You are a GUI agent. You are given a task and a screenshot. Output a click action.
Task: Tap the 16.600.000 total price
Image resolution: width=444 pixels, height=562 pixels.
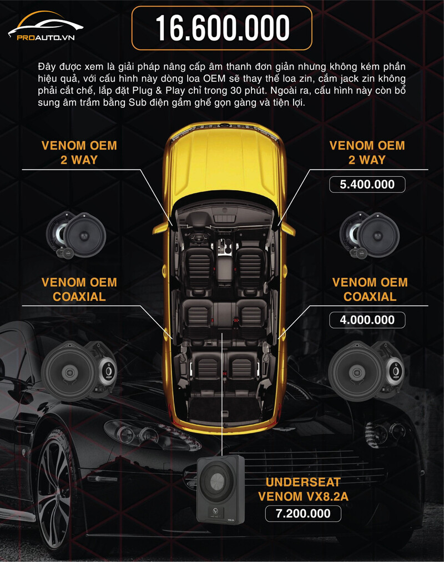tap(222, 28)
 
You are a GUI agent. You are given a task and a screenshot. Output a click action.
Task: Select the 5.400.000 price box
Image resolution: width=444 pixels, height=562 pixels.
tap(367, 184)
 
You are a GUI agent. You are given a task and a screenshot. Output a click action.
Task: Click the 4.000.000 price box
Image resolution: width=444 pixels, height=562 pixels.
tap(367, 320)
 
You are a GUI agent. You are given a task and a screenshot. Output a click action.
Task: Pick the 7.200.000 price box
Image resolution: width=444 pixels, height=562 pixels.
tap(303, 513)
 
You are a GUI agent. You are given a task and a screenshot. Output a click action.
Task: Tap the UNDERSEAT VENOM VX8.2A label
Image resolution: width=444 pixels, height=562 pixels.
tap(303, 489)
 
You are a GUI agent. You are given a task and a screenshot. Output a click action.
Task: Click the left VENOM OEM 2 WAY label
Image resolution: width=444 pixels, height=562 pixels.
tap(79, 152)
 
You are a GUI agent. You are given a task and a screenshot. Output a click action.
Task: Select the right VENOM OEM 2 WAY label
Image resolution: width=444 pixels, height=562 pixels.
tap(367, 152)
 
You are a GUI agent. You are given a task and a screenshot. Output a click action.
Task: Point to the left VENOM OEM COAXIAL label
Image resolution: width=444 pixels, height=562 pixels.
tap(79, 289)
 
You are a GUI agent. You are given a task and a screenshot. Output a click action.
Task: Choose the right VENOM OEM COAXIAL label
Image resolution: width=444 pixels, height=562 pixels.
tap(370, 289)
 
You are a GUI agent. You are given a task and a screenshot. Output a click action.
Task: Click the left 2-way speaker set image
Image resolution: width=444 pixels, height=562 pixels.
tap(76, 235)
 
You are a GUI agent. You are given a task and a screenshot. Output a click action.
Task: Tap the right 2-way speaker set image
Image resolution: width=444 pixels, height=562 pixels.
tap(370, 235)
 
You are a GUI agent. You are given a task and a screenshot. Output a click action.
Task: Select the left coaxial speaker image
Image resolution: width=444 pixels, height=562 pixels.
tap(79, 371)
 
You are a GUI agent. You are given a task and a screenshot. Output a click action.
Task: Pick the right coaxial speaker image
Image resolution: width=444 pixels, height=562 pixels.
tap(366, 371)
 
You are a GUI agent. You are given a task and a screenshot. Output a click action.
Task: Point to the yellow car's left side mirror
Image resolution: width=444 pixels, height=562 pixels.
tap(162, 227)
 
